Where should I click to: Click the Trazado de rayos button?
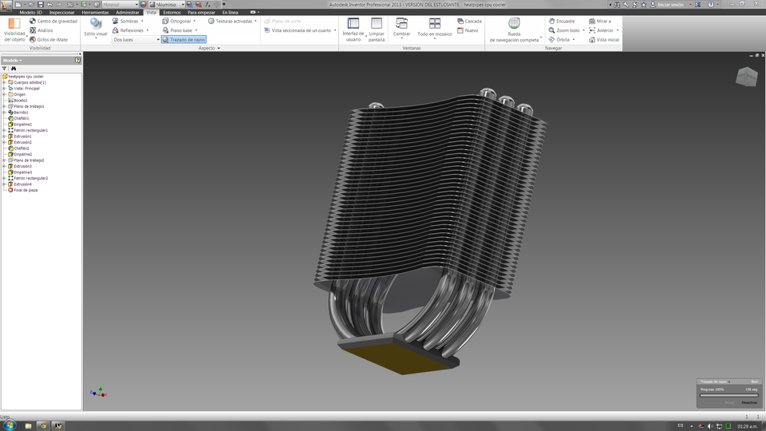(x=184, y=39)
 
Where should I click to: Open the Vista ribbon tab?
(x=151, y=13)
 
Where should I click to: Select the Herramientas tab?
(x=95, y=13)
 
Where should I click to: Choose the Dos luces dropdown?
(x=136, y=39)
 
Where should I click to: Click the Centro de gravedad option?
(x=53, y=22)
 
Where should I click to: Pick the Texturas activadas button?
(x=232, y=22)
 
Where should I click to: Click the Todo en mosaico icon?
(x=434, y=25)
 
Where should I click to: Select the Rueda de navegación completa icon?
(x=514, y=24)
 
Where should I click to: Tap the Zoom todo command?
(x=567, y=30)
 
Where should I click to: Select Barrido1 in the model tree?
(x=21, y=113)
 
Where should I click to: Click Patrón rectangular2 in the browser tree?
(x=30, y=178)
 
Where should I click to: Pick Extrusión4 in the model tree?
(x=23, y=184)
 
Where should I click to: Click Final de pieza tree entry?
(x=25, y=190)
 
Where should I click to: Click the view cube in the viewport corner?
(x=744, y=77)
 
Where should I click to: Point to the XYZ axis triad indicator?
(x=96, y=392)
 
